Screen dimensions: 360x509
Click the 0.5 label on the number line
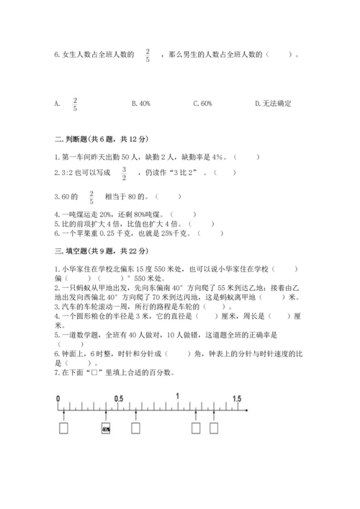(118, 397)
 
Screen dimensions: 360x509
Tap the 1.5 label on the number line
(236, 397)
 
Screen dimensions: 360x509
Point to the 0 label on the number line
(58, 397)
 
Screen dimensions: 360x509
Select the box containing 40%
(106, 429)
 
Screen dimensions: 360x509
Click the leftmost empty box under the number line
(64, 429)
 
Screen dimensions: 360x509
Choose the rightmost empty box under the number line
(214, 429)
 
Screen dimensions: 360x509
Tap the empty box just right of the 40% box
(136, 429)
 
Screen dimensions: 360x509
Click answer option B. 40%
(141, 104)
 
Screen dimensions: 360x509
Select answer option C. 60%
(202, 104)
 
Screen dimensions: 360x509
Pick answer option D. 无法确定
(274, 104)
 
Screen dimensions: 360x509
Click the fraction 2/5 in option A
(75, 104)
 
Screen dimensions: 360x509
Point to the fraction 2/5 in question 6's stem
(148, 55)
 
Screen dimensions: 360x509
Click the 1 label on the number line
(177, 397)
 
